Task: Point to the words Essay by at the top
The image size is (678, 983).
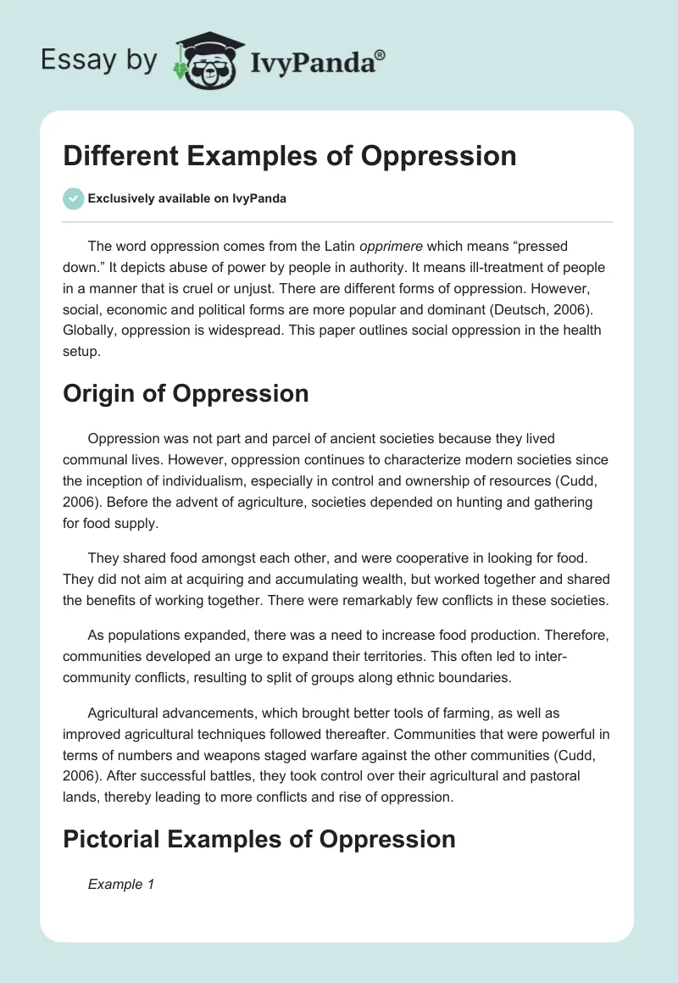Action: coord(97,59)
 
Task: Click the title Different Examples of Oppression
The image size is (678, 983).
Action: coord(290,156)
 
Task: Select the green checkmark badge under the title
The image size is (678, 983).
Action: coord(73,198)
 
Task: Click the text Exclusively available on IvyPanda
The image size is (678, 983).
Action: coord(187,198)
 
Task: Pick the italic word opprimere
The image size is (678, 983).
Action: coord(392,246)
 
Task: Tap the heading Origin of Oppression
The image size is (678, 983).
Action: coord(186,393)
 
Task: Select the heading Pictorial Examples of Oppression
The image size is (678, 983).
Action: coord(259,838)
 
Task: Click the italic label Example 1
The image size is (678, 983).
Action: coord(121,884)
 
